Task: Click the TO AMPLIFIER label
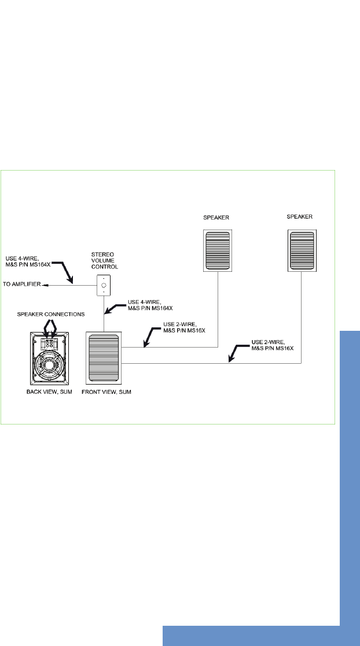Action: coord(22,285)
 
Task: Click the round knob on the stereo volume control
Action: coord(104,285)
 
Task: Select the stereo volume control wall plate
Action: coord(104,285)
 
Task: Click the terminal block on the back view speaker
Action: coord(50,342)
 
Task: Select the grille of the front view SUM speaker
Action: coord(104,359)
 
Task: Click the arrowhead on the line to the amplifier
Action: coord(49,285)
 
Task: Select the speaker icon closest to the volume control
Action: coord(217,250)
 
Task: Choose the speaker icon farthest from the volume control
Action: coord(302,250)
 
